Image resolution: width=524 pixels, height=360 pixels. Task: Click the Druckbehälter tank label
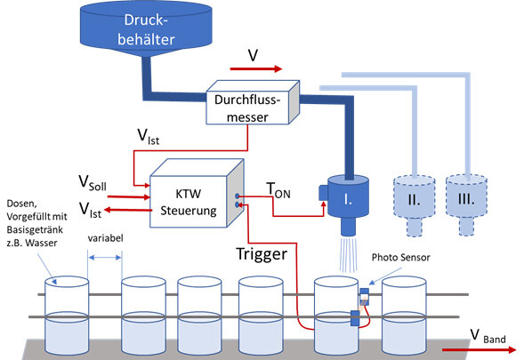(146, 29)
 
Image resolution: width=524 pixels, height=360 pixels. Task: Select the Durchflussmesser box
(253, 102)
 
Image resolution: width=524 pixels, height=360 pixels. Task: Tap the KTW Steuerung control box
(197, 194)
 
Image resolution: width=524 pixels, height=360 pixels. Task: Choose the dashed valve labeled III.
(466, 204)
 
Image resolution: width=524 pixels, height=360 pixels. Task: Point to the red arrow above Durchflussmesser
(256, 68)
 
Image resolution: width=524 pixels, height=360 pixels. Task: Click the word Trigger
(262, 254)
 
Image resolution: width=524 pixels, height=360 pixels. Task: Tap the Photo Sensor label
(400, 257)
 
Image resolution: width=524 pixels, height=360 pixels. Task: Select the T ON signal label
(278, 191)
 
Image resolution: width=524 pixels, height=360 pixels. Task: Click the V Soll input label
(93, 183)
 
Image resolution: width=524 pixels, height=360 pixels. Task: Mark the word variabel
(105, 238)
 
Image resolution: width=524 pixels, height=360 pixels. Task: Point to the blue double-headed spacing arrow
(105, 258)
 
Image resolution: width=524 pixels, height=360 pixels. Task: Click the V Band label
(488, 336)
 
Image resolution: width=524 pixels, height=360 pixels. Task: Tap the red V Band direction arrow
(480, 349)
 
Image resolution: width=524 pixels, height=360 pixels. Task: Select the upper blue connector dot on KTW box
(238, 196)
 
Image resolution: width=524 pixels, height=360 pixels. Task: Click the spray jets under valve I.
(349, 255)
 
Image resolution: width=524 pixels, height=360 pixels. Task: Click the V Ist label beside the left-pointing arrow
(90, 210)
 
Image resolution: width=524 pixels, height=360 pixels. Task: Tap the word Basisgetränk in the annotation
(35, 229)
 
